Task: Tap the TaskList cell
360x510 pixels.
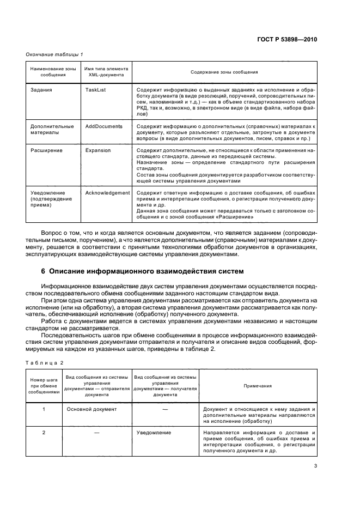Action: point(95,88)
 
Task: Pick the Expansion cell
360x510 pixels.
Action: point(98,150)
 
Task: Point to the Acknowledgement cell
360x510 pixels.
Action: point(108,192)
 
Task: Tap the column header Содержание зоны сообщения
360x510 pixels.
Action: point(224,72)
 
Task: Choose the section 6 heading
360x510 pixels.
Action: point(143,271)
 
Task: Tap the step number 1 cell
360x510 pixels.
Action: point(44,408)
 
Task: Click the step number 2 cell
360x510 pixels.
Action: point(44,433)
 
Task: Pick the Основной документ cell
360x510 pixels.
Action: point(91,408)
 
